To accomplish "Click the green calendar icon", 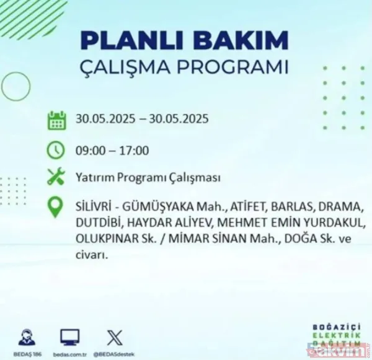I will point(56,120).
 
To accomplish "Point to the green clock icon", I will point(56,149).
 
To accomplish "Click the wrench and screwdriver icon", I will point(56,178).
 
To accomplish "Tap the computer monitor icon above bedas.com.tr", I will point(69,338).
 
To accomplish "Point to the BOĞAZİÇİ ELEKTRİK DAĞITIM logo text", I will point(335,345).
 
